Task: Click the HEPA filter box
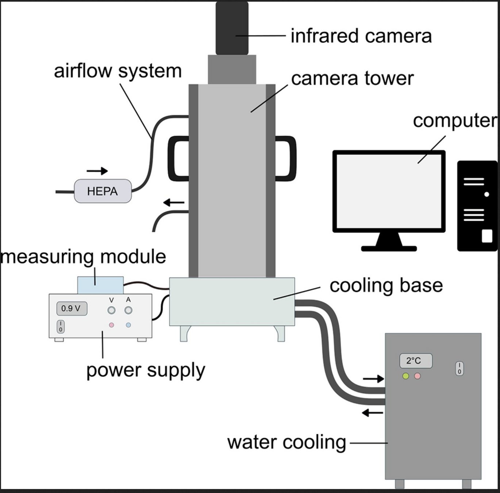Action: click(x=103, y=191)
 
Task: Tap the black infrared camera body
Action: click(x=232, y=28)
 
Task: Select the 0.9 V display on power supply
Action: click(x=72, y=309)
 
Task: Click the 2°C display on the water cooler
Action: click(x=416, y=361)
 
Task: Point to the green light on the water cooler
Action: click(x=405, y=376)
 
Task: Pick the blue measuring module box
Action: click(x=100, y=285)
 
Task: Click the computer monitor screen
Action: click(x=389, y=191)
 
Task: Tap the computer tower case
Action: click(x=477, y=206)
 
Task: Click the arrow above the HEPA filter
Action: click(x=97, y=171)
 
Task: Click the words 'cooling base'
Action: click(x=386, y=285)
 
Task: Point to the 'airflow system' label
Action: click(x=118, y=71)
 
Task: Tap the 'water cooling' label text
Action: click(x=286, y=442)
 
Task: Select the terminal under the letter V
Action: click(x=112, y=311)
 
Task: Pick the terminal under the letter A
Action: click(x=128, y=311)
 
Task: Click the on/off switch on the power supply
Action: click(x=61, y=326)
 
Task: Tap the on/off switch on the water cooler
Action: click(x=459, y=369)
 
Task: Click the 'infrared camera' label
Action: click(x=361, y=36)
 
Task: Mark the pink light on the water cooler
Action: click(x=417, y=376)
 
